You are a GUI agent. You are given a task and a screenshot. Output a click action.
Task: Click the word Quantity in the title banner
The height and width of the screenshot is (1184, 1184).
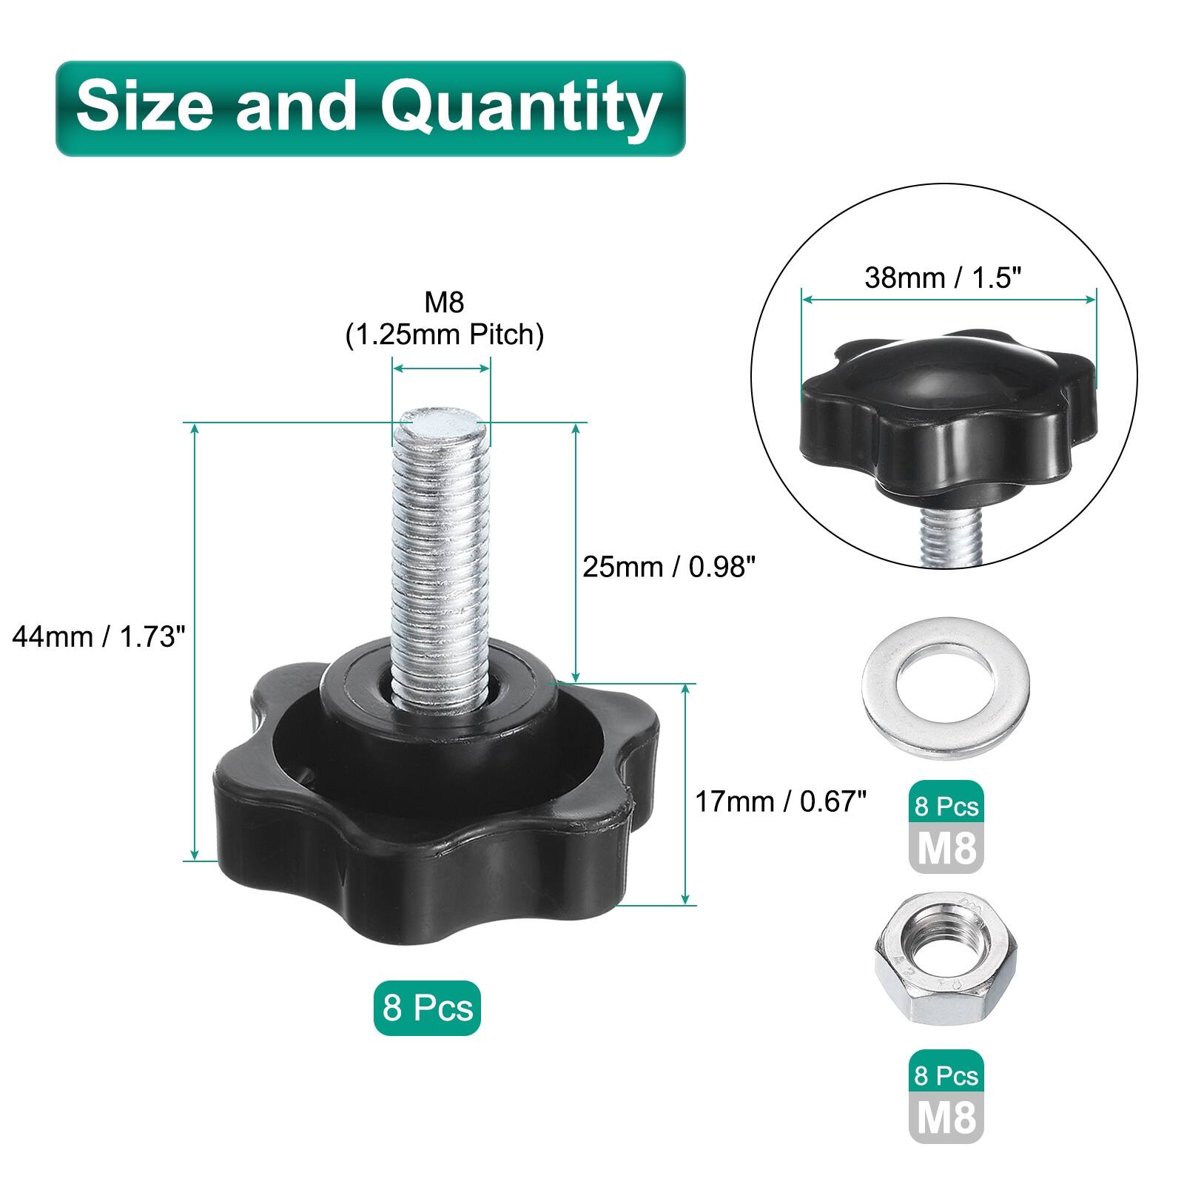[x=521, y=108]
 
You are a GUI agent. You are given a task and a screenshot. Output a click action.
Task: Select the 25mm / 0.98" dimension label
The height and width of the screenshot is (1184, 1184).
[x=669, y=567]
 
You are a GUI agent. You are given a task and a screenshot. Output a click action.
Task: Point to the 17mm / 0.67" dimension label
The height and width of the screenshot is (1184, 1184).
[x=781, y=801]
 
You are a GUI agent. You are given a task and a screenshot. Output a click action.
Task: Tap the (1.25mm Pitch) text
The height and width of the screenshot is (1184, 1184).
[x=445, y=335]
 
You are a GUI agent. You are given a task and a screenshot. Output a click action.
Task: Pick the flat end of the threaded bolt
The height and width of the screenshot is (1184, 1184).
[x=443, y=428]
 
